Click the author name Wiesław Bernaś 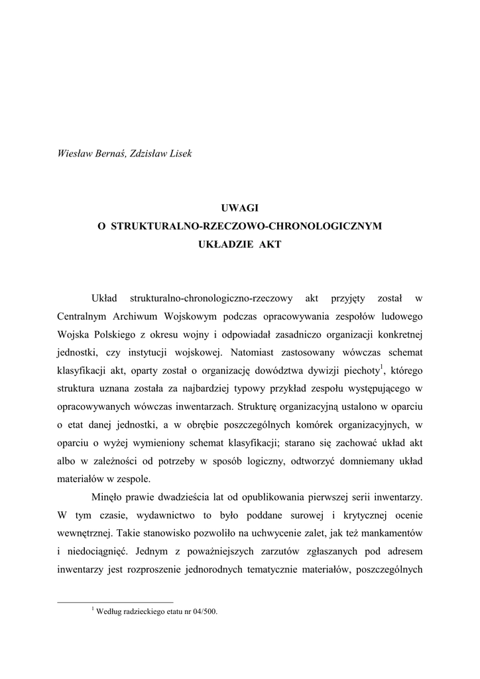tap(88, 154)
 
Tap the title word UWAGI tap(239, 208)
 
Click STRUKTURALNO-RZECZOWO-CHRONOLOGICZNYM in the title tap(246, 226)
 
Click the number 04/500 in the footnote tap(203, 612)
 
